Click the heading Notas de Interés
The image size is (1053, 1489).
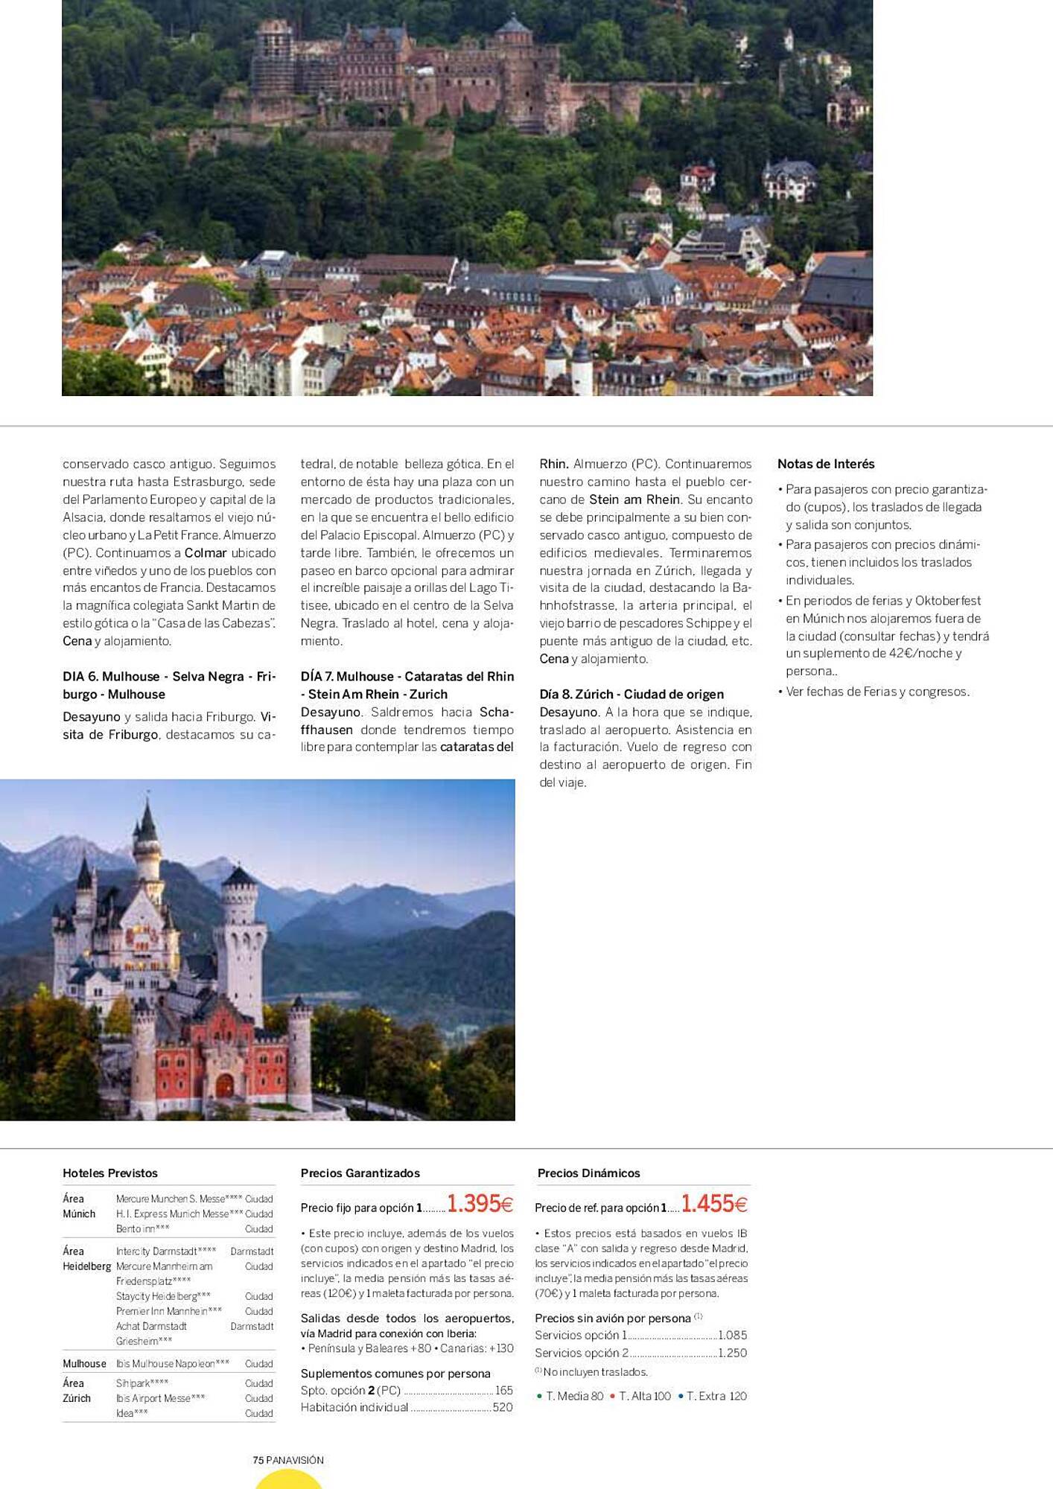[826, 464]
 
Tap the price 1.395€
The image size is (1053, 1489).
[480, 1204]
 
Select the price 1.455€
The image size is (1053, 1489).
[713, 1204]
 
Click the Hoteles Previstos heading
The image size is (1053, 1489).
[110, 1173]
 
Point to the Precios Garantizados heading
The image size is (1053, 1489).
[360, 1173]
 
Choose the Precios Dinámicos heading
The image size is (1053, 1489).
[589, 1173]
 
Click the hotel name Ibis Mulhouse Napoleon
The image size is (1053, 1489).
[172, 1364]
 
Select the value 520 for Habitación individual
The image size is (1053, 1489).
[503, 1407]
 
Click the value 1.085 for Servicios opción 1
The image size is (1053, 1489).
[733, 1336]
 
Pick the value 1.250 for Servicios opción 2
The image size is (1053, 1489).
[733, 1353]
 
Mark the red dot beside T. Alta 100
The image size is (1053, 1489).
[612, 1396]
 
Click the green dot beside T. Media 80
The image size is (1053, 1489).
[539, 1396]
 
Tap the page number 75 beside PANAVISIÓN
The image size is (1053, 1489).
[258, 1460]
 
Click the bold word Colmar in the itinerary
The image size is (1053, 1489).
[206, 553]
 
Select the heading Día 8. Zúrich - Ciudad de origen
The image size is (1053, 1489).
[632, 695]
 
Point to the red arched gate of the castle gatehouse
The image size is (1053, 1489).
[224, 1085]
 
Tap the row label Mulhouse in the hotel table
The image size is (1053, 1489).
[84, 1364]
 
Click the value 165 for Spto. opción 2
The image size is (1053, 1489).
[504, 1390]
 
